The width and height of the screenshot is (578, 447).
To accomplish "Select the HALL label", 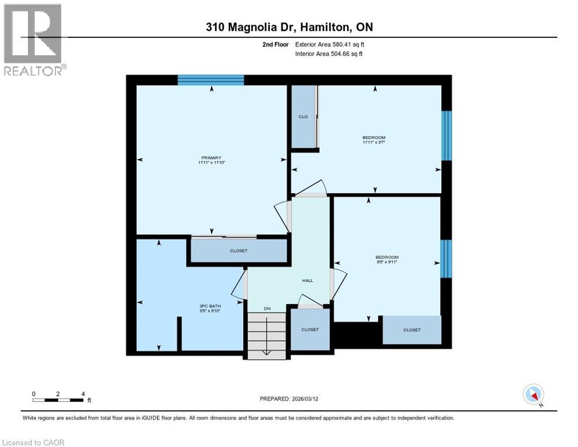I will point(308,281).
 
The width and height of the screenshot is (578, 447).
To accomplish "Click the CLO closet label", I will point(303,117).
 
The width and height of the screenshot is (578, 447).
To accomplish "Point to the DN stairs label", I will point(267,308).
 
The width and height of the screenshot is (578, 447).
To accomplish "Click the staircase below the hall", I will point(267,335).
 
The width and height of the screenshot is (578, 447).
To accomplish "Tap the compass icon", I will point(533,394).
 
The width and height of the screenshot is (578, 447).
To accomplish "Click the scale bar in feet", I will point(58,399).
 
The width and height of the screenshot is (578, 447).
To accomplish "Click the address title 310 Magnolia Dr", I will point(288,27).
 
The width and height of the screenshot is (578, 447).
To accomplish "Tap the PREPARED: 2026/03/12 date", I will point(288,399).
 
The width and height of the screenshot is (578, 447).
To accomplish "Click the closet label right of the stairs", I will point(310,329).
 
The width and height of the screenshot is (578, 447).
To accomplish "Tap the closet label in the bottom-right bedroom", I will point(412,330).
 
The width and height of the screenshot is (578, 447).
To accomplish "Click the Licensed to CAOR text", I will point(34,442).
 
